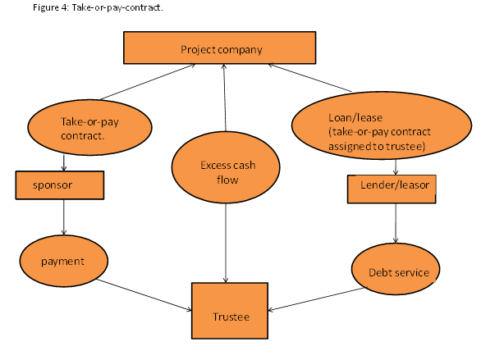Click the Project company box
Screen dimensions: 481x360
click(220, 48)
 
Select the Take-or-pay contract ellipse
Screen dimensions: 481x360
click(89, 127)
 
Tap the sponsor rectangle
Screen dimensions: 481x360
click(60, 185)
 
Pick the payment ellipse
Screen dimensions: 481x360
click(64, 261)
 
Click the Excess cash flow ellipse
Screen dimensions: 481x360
click(226, 167)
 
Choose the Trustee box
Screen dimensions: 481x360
click(230, 311)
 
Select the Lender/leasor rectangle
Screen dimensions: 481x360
click(392, 189)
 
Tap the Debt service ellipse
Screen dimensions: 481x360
click(396, 269)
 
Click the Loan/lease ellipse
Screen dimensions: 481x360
click(382, 125)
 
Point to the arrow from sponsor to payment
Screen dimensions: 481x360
click(64, 217)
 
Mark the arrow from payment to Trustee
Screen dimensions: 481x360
click(144, 295)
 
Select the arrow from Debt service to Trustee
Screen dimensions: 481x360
click(317, 299)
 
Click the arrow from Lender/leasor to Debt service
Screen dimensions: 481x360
click(396, 223)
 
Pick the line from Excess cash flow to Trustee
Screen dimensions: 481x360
click(226, 243)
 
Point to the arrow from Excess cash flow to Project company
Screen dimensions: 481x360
click(225, 98)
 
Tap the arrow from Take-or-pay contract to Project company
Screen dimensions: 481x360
click(148, 82)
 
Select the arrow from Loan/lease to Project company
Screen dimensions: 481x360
click(309, 78)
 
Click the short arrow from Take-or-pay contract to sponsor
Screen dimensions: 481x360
click(64, 162)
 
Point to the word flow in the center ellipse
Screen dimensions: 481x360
click(227, 180)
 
